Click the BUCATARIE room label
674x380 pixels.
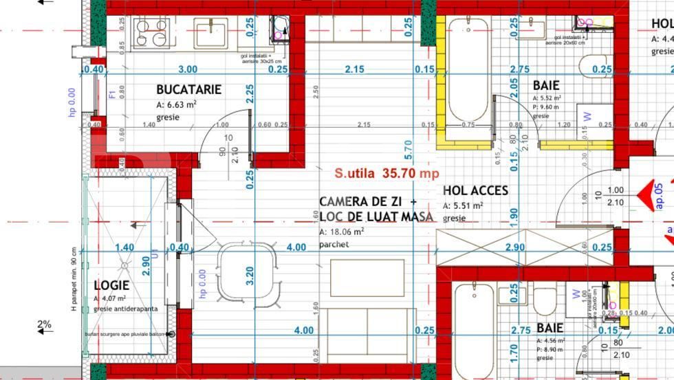click(188, 89)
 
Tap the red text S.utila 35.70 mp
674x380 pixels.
click(387, 174)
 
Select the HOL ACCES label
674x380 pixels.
click(475, 190)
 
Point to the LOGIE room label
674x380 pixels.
click(111, 285)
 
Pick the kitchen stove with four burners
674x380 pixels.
click(151, 33)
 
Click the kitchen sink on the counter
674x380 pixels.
click(210, 33)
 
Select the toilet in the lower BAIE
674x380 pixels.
click(545, 300)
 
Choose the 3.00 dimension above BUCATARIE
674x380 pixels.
click(188, 69)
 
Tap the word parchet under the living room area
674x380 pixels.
click(334, 245)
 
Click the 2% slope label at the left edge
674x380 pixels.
click(45, 324)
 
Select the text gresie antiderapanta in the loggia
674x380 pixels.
click(125, 309)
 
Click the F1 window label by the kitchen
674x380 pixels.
click(113, 94)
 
